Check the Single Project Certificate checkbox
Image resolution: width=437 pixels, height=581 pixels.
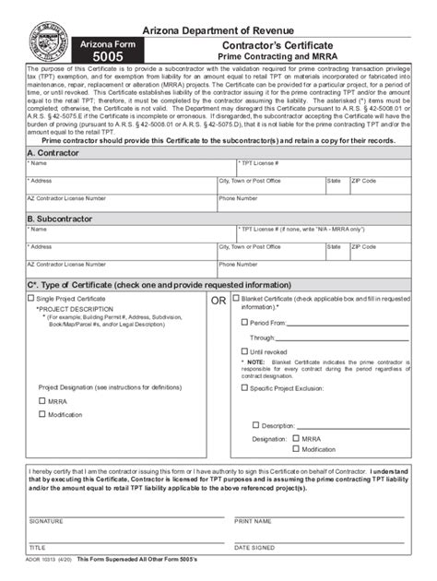coord(30,300)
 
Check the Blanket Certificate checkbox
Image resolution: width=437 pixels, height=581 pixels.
coord(235,299)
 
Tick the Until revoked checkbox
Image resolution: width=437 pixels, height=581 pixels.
coord(244,351)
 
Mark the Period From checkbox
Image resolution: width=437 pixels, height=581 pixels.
coord(244,324)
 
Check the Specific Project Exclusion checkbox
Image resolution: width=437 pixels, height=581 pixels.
coord(244,388)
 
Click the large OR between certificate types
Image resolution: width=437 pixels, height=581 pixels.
coord(218,301)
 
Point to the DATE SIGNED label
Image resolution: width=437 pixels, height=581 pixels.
coord(257,547)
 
